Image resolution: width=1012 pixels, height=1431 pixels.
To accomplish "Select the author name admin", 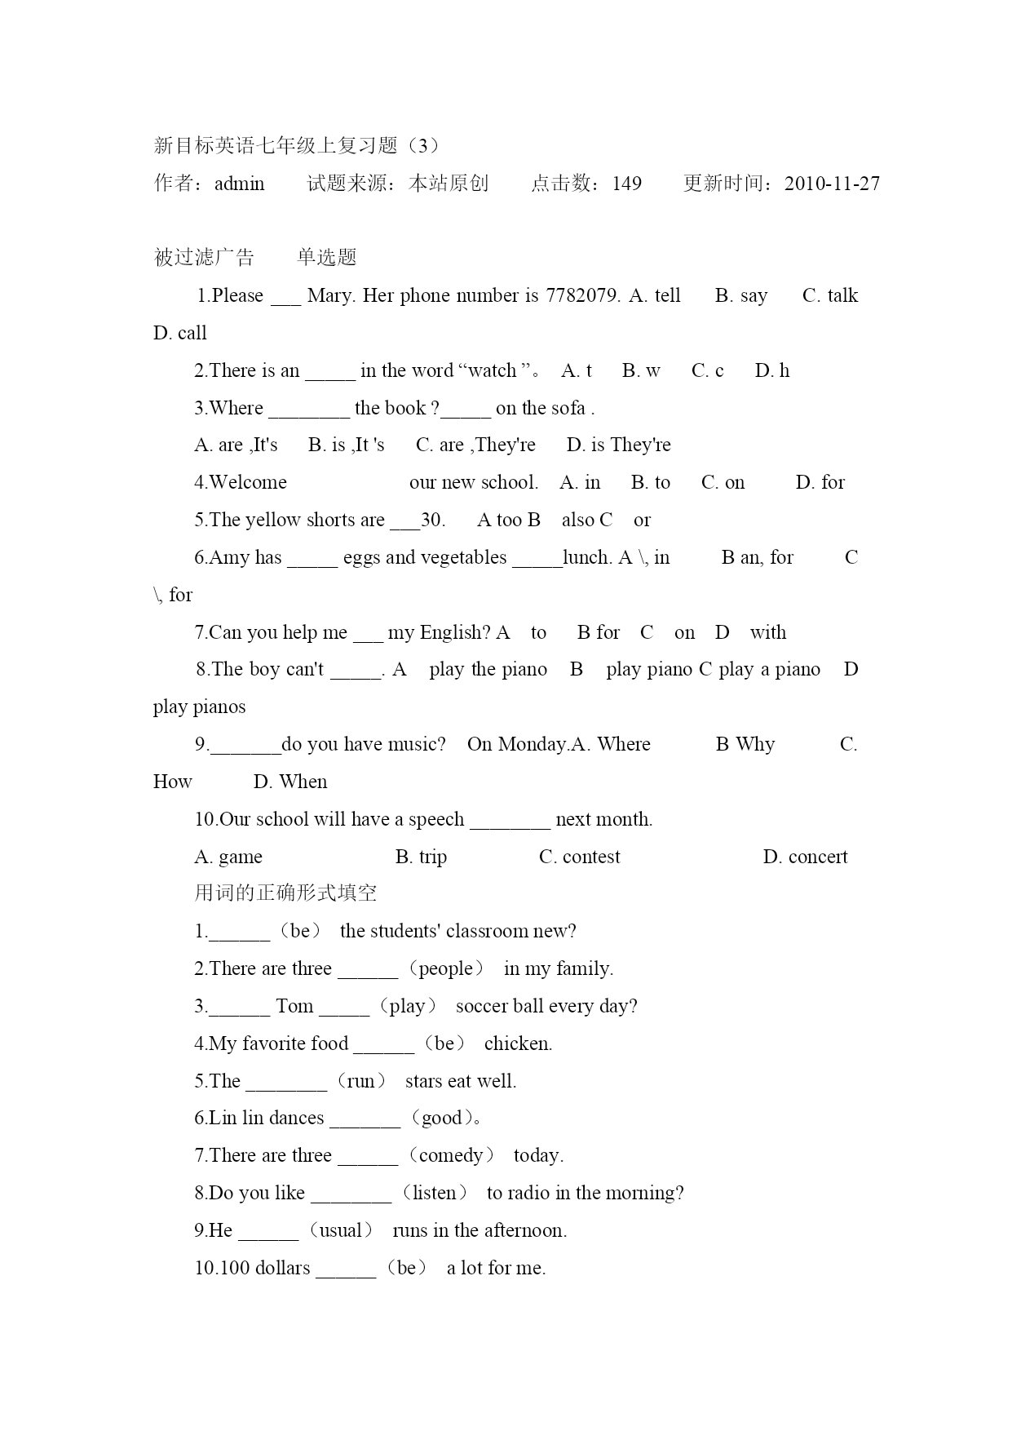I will pos(239,184).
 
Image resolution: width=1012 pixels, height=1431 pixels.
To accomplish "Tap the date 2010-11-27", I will pos(832,184).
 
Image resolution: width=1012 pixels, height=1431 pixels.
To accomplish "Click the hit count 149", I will pos(626,184).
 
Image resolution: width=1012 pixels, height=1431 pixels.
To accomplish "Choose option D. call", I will pos(180,333).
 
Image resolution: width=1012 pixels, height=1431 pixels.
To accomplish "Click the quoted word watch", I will pos(492,370).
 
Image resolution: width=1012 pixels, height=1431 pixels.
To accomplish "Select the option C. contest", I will pos(579,857).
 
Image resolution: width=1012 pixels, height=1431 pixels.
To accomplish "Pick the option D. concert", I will pos(805,857).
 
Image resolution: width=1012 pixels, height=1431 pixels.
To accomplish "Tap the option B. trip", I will pos(421,857).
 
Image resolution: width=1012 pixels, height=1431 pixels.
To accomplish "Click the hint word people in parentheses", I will pos(446,968).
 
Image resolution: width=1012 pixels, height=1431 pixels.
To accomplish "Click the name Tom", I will pos(294,1006).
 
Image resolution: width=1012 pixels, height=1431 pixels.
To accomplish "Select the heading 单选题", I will pos(327,258).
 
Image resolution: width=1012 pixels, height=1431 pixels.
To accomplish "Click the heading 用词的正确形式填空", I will pos(285,893).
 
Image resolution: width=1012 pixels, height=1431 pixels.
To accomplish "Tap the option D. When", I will pos(290,782).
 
